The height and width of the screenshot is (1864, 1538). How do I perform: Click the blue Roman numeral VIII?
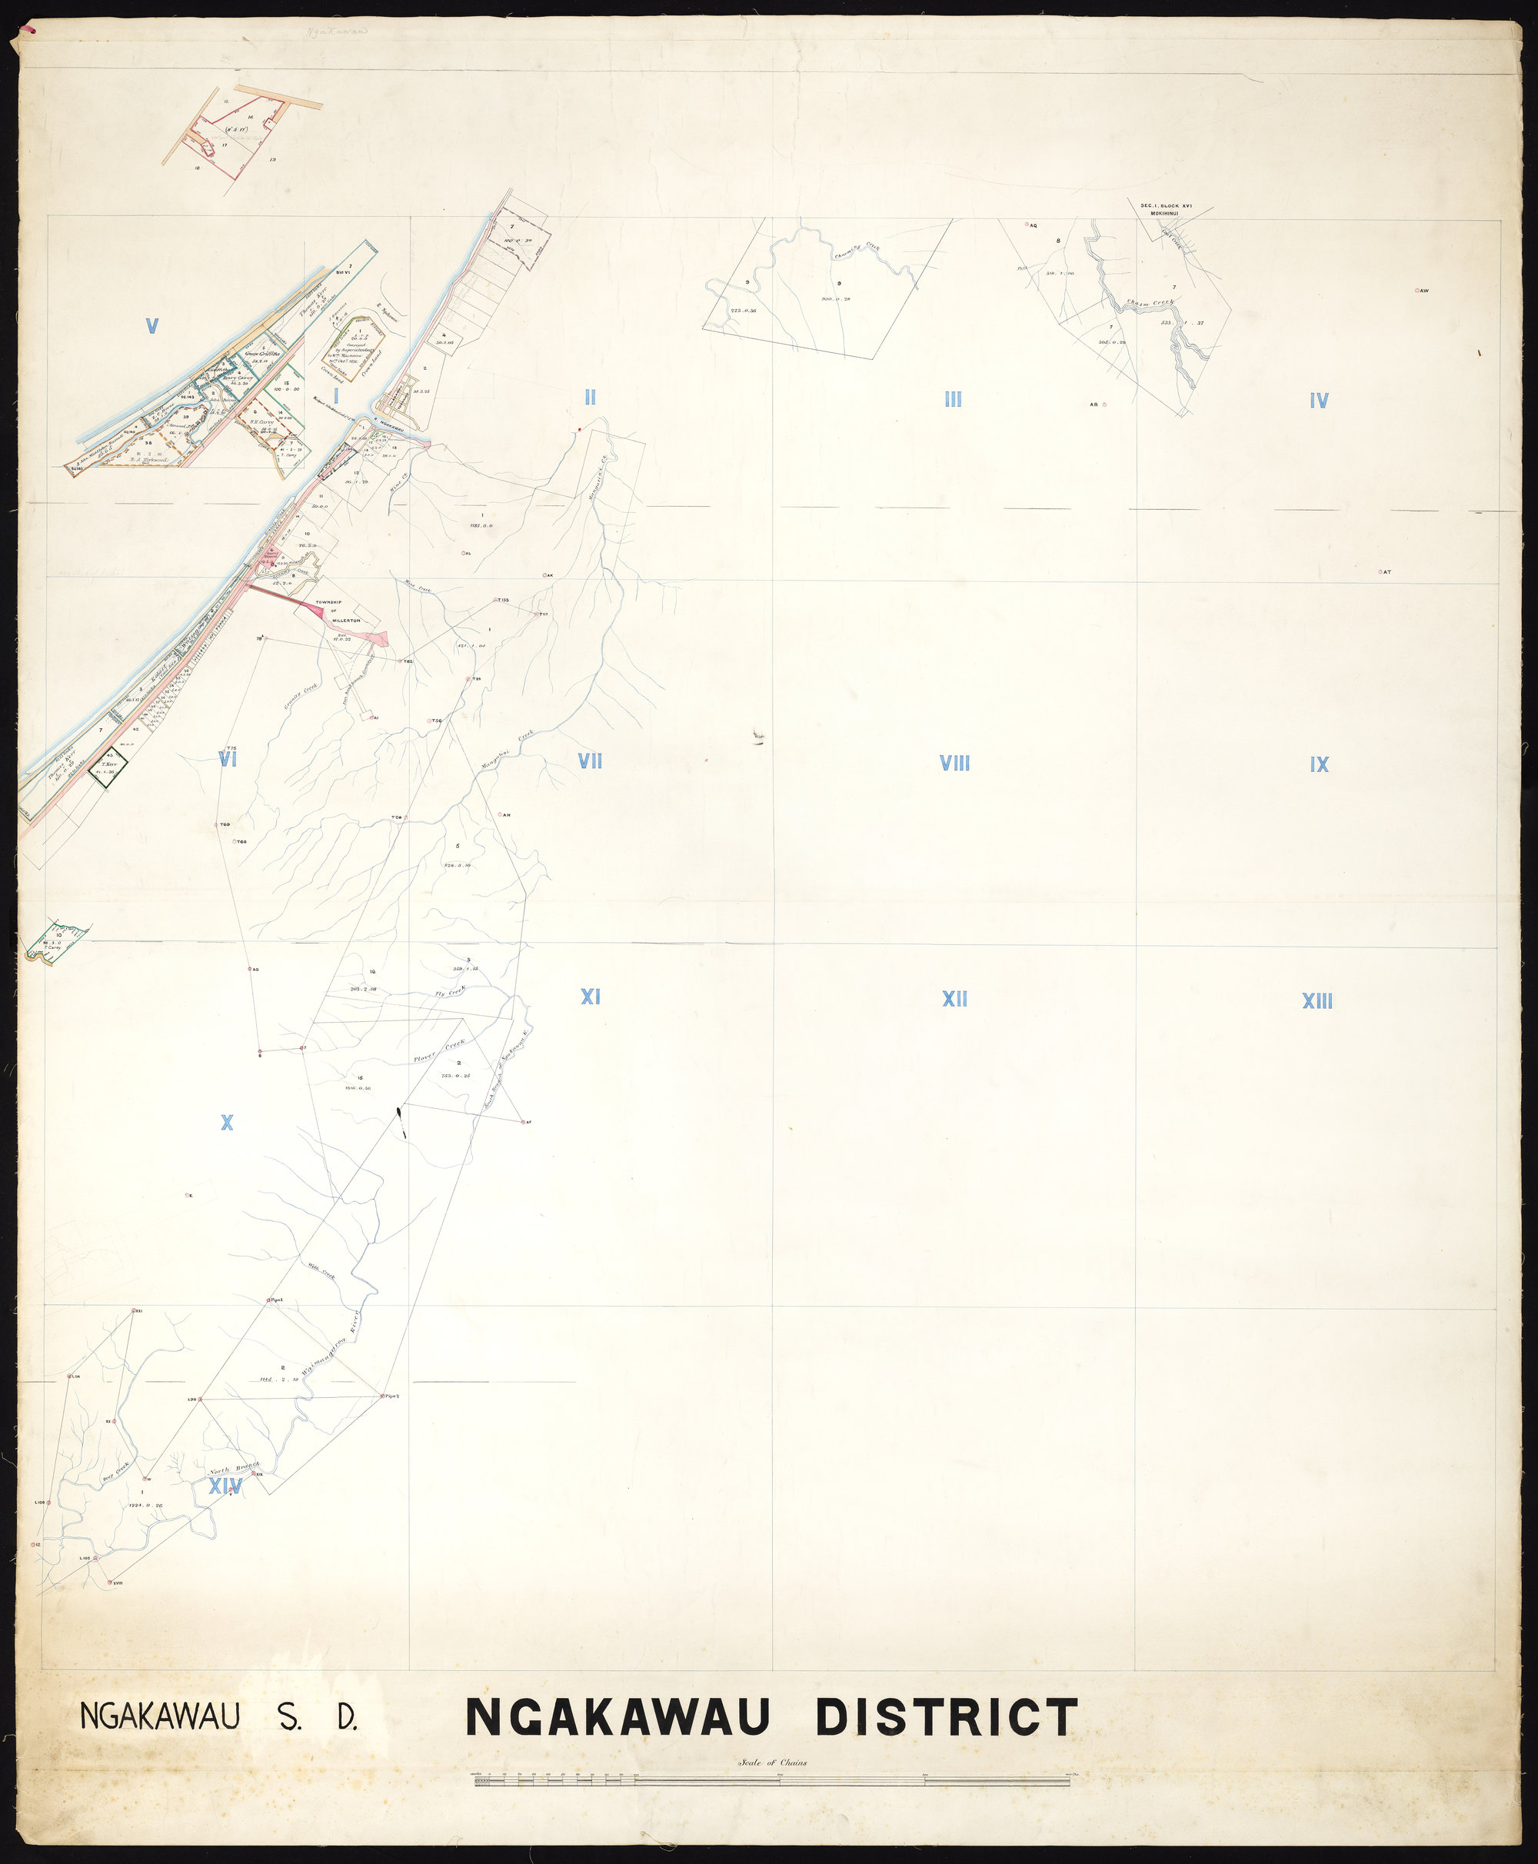pyautogui.click(x=954, y=764)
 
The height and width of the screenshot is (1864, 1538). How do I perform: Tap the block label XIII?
pyautogui.click(x=1317, y=1001)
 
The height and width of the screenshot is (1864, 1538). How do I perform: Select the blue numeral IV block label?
pyautogui.click(x=1318, y=401)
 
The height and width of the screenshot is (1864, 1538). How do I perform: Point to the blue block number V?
pyautogui.click(x=152, y=327)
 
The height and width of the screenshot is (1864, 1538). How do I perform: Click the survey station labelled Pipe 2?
pyautogui.click(x=383, y=1396)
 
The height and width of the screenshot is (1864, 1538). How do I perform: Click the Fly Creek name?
pyautogui.click(x=450, y=993)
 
